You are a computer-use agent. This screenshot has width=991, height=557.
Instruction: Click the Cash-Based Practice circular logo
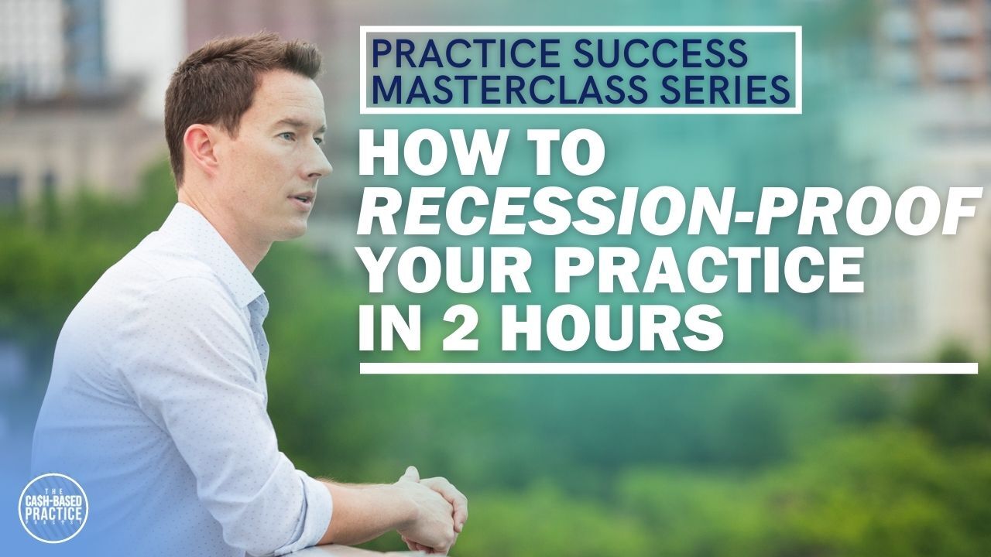point(53,507)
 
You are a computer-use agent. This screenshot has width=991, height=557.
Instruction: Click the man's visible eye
point(287,136)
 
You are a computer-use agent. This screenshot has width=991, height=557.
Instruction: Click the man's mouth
point(303,199)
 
